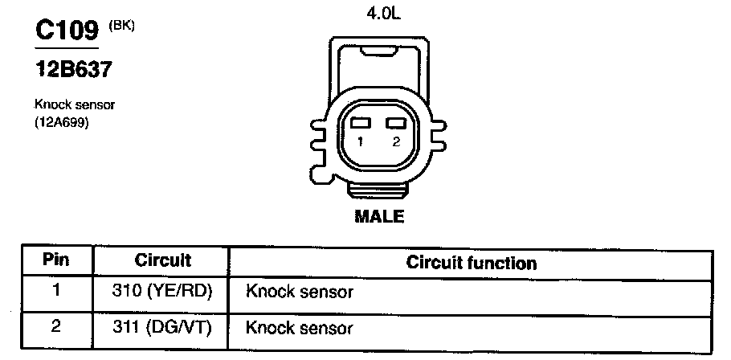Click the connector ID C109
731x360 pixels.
(x=67, y=31)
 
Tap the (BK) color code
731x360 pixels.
(x=121, y=26)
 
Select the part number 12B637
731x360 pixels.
(x=74, y=69)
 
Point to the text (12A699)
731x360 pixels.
(x=62, y=124)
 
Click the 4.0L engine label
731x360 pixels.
(x=383, y=14)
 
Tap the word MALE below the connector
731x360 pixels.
(x=379, y=216)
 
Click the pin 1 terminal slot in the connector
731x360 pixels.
(x=361, y=123)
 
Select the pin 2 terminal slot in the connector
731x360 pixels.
(x=396, y=123)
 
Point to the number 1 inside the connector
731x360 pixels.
(x=361, y=142)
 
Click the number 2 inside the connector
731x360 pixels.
(x=396, y=142)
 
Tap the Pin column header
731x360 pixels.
(x=56, y=260)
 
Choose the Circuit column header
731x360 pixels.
(x=163, y=260)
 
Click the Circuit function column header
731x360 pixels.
(x=472, y=263)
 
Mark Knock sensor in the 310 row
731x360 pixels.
(x=300, y=292)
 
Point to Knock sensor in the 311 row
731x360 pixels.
(x=300, y=329)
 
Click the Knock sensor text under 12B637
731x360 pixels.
(x=75, y=104)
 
